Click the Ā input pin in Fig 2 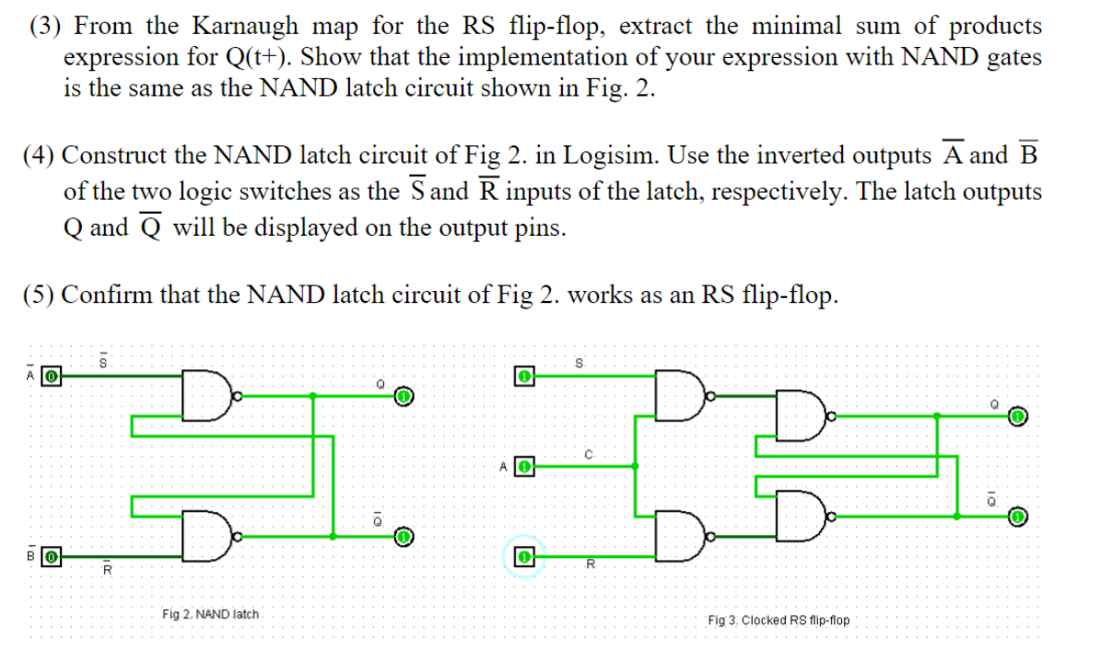pos(53,376)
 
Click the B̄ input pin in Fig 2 pos(53,557)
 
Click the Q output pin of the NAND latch pos(404,397)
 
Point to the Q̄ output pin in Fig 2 pos(404,536)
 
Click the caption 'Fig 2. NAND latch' pos(211,613)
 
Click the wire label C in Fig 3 pos(586,453)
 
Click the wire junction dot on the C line pos(635,466)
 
